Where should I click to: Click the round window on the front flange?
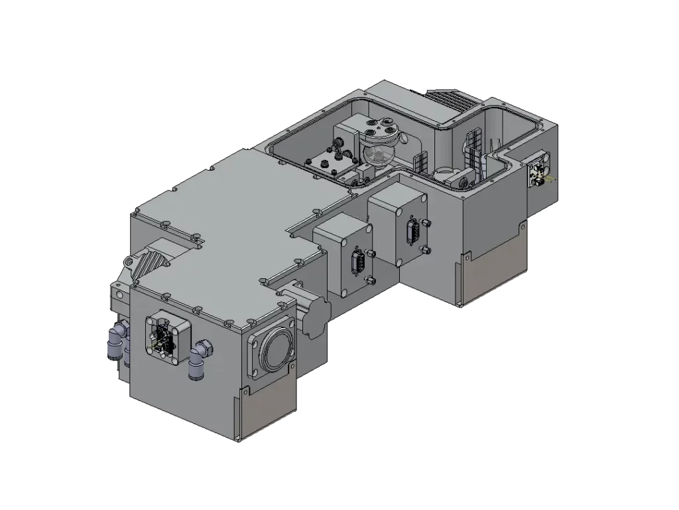[273, 347]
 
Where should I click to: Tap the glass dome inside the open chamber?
[378, 157]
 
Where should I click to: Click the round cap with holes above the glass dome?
[381, 130]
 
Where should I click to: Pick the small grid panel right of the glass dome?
[419, 162]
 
